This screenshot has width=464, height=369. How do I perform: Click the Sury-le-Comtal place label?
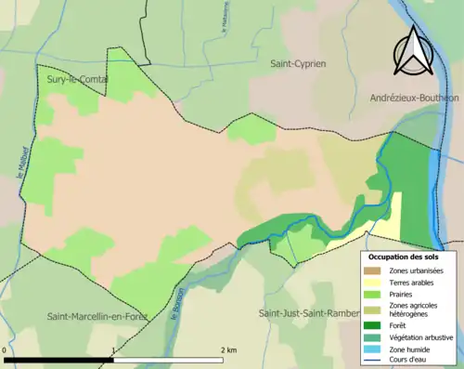point(77,80)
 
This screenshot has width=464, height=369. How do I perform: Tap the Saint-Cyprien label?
point(297,64)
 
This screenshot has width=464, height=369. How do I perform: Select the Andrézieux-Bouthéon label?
point(414,98)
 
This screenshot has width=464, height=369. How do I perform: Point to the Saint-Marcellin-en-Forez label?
point(97,317)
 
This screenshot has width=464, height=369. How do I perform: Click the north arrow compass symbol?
point(414,50)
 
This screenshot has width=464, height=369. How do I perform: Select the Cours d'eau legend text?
point(409,360)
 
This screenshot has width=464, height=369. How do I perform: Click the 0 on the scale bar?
point(6,349)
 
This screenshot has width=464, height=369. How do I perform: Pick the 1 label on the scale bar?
point(112,349)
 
